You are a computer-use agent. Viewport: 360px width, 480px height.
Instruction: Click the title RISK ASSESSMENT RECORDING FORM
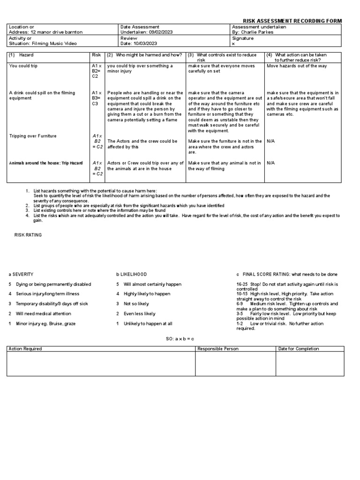[x=292, y=21]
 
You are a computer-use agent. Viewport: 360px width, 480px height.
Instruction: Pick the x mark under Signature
[x=233, y=44]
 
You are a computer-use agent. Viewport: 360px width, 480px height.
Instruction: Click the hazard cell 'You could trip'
[x=23, y=66]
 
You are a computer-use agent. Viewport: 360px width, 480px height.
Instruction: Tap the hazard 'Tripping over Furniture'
[x=33, y=136]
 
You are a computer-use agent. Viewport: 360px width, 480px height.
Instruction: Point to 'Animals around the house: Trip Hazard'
[x=46, y=163]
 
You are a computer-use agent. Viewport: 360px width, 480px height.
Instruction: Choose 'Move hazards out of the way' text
[x=297, y=66]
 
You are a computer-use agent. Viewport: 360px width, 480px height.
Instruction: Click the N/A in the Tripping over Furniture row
[x=270, y=141]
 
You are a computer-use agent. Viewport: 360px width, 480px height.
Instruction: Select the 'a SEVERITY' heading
[x=21, y=274]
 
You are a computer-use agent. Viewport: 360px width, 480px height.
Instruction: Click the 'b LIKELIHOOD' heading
[x=132, y=274]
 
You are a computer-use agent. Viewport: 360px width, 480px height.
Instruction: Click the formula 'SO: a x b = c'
[x=180, y=338]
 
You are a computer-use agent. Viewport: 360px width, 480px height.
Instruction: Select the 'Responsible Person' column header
[x=218, y=349]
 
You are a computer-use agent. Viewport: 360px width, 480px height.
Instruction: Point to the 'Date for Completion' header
[x=299, y=349]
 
